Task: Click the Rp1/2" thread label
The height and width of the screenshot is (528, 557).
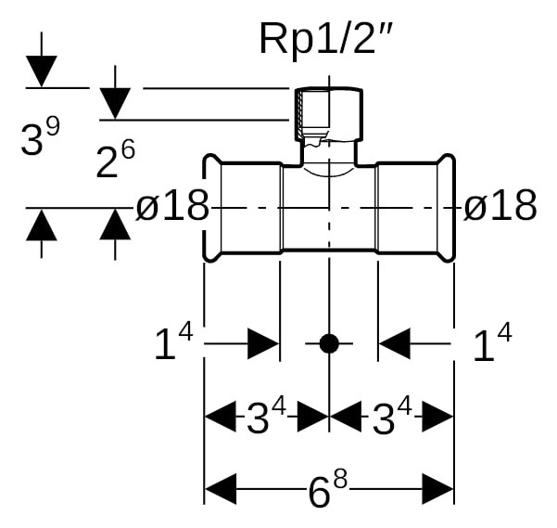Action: pyautogui.click(x=325, y=38)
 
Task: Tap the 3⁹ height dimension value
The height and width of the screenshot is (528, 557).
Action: pyautogui.click(x=40, y=136)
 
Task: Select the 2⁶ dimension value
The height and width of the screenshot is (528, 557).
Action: pyautogui.click(x=116, y=158)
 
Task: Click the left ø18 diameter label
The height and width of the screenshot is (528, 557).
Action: pyautogui.click(x=172, y=205)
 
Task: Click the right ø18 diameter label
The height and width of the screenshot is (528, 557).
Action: pyautogui.click(x=500, y=205)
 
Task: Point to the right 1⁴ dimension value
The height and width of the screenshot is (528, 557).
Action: pyautogui.click(x=492, y=342)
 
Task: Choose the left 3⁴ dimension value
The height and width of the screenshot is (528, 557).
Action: pyautogui.click(x=266, y=416)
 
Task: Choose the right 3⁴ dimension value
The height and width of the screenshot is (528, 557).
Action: pyautogui.click(x=392, y=416)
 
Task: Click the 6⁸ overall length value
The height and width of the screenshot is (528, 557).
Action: pyautogui.click(x=327, y=488)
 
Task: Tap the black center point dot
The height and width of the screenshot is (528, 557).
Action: pyautogui.click(x=329, y=343)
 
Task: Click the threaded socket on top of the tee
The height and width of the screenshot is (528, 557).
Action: pyautogui.click(x=329, y=114)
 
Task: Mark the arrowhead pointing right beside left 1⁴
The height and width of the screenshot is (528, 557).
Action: pyautogui.click(x=263, y=343)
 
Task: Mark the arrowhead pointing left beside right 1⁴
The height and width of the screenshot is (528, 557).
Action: pyautogui.click(x=394, y=343)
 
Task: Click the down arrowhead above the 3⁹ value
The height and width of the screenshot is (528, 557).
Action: pyautogui.click(x=41, y=71)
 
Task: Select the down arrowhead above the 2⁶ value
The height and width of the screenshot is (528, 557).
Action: pyautogui.click(x=115, y=104)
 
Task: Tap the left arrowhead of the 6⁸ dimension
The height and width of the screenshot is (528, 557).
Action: pyautogui.click(x=221, y=489)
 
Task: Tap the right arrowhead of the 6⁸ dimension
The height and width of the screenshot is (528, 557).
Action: pyautogui.click(x=438, y=489)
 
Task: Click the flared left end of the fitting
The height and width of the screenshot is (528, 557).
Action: pyautogui.click(x=212, y=208)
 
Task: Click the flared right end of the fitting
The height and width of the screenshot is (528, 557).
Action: pyautogui.click(x=446, y=208)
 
